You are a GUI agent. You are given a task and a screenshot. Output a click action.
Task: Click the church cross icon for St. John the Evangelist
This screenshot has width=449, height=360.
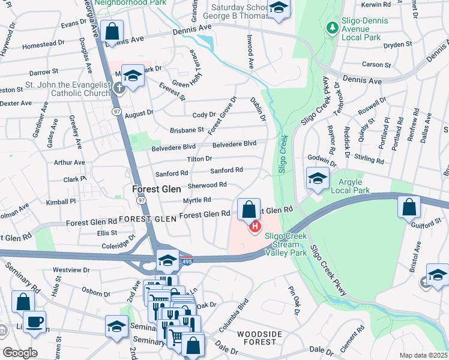pos(119,88)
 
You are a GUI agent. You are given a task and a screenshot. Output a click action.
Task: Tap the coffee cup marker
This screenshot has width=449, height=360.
pos(34,322)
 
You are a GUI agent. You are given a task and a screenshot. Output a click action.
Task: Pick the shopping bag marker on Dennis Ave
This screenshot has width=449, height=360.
pos(112,31)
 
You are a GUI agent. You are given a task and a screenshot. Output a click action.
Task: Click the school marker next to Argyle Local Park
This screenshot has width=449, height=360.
pos(317,178)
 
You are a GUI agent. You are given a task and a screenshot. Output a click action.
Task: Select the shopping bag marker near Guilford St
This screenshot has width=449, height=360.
pos(408,208)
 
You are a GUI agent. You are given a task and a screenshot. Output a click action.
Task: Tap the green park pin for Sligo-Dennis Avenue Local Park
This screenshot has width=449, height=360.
pos(331,27)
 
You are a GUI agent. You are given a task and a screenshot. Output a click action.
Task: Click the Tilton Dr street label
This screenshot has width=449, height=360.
pos(199,158)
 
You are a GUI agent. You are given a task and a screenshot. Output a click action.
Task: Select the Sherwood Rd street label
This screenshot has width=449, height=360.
pos(207,185)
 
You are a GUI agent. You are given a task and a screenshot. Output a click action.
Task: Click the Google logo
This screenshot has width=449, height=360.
pos(20,353)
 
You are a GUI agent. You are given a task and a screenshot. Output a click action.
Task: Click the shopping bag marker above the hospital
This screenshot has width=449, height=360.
pos(249,210)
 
